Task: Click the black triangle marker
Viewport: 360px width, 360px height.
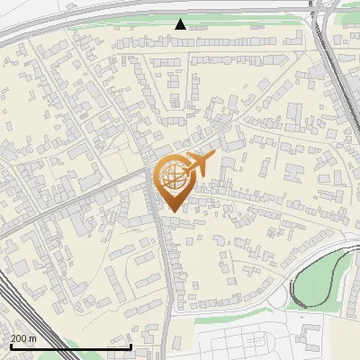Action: (x=181, y=24)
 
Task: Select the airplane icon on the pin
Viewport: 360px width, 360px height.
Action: (x=198, y=166)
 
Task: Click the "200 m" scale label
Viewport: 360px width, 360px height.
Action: (x=24, y=338)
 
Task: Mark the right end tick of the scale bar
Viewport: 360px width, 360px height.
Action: (x=131, y=346)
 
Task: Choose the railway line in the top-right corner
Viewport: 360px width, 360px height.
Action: (x=337, y=63)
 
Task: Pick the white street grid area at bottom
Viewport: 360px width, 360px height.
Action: (x=270, y=337)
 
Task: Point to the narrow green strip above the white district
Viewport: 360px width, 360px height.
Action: (x=225, y=318)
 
